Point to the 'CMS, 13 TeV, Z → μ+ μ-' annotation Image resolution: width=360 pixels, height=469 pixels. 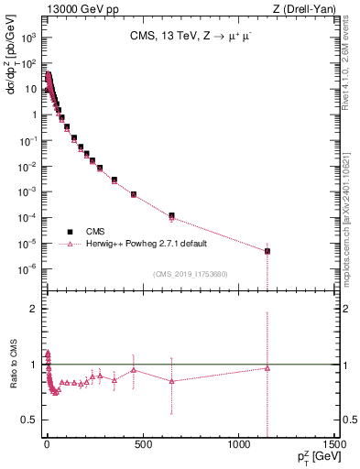pyautogui.click(x=189, y=37)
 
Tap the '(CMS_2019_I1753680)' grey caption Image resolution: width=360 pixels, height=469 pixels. pyautogui.click(x=190, y=274)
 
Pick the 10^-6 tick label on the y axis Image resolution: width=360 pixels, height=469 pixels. pyautogui.click(x=27, y=268)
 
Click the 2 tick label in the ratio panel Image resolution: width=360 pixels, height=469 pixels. pyautogui.click(x=31, y=310)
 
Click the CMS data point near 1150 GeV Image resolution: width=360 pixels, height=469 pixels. pyautogui.click(x=267, y=251)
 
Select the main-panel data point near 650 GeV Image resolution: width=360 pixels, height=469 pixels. pyautogui.click(x=171, y=215)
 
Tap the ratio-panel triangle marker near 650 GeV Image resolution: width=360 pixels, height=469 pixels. pyautogui.click(x=171, y=381)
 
